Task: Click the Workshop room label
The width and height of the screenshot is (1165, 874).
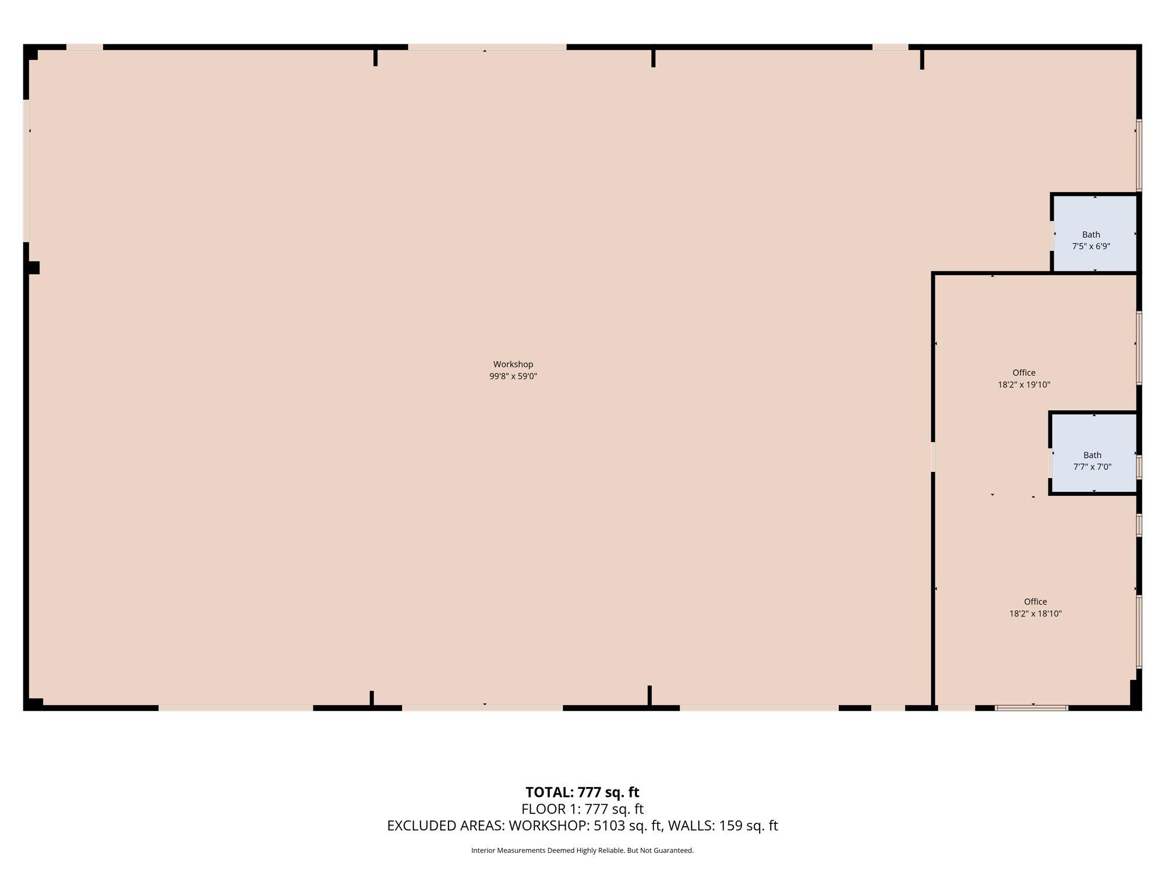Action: [x=513, y=364]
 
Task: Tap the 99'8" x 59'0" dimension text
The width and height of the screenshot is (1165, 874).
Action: [x=513, y=376]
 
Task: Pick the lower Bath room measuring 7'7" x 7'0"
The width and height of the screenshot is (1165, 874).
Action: [x=1094, y=454]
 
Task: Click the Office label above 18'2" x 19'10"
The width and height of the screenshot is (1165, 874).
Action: [x=1024, y=373]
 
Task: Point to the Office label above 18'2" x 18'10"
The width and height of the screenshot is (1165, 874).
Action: [x=1036, y=602]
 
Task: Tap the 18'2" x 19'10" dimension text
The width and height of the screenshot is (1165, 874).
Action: [x=1024, y=385]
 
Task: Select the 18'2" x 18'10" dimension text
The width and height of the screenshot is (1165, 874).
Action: [x=1036, y=614]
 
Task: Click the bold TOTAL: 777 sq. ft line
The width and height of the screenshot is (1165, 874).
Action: [x=582, y=792]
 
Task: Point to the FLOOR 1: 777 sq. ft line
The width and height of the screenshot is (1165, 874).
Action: [x=582, y=809]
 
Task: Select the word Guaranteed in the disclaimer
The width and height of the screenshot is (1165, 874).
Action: [x=676, y=851]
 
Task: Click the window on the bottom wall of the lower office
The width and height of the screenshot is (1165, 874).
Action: [x=1032, y=708]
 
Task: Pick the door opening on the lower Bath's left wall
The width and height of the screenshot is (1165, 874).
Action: [x=1051, y=463]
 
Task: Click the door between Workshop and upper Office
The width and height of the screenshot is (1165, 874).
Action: [x=933, y=457]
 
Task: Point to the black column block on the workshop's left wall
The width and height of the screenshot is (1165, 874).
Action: [x=33, y=267]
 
